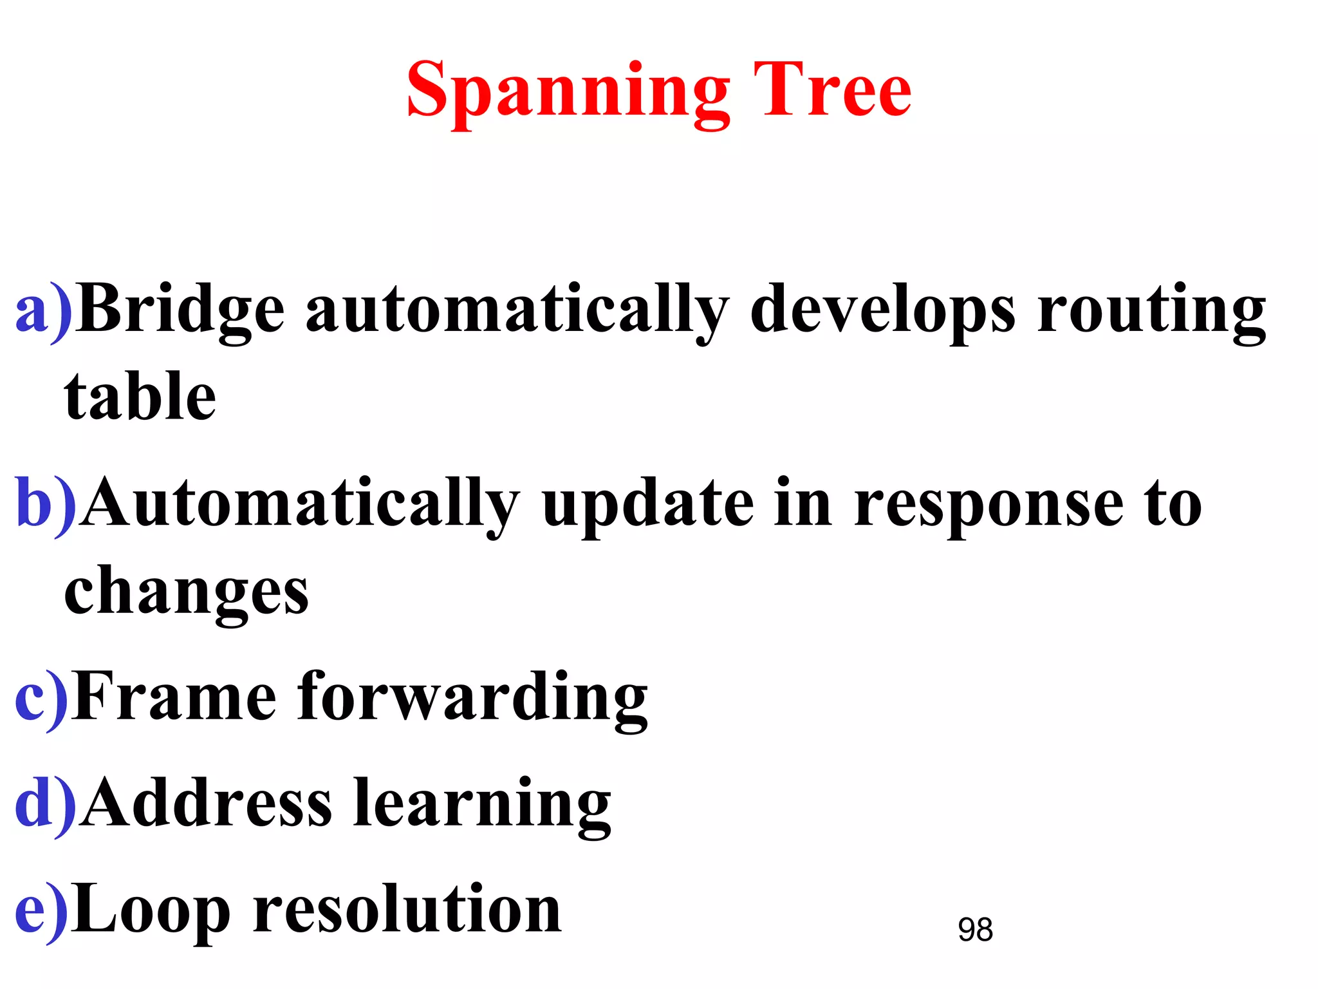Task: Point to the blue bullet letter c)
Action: click(41, 698)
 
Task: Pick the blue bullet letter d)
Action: click(45, 805)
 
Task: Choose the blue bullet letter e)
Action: click(41, 910)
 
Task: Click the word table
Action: click(140, 397)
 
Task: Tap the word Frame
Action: click(174, 697)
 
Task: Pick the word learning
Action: click(482, 805)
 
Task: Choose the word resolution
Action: click(407, 909)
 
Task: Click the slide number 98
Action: click(975, 930)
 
